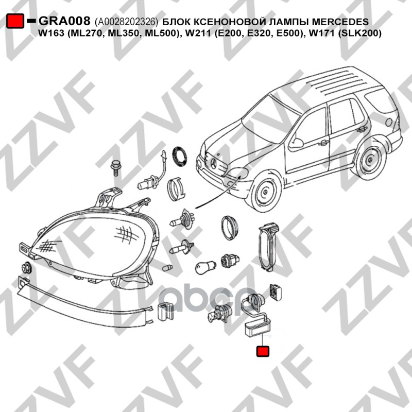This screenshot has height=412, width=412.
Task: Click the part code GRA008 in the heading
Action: [x=65, y=21]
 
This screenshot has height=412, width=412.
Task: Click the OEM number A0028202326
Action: [x=127, y=22]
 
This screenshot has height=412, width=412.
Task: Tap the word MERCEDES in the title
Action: [x=338, y=21]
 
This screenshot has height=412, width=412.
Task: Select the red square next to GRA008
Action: [x=15, y=21]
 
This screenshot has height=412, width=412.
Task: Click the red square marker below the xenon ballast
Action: [x=263, y=351]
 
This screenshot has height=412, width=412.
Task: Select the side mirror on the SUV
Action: [x=297, y=142]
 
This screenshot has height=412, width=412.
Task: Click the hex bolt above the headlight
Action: [x=114, y=167]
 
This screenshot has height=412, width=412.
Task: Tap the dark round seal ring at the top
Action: [x=180, y=157]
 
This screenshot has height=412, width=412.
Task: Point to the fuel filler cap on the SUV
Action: [x=388, y=122]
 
